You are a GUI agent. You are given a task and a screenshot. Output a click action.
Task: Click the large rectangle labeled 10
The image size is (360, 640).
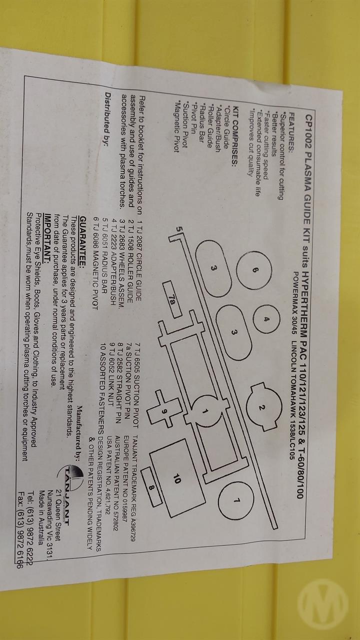point(178,480)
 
